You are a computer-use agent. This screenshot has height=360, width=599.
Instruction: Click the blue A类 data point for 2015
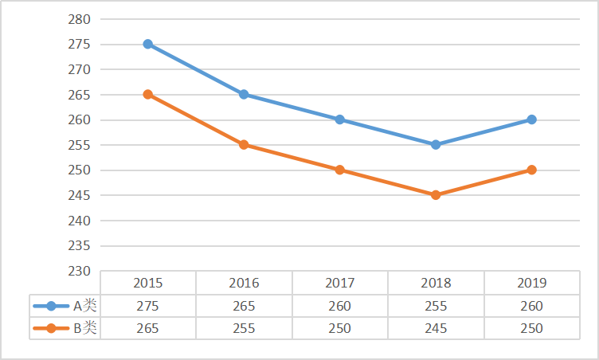coord(148,44)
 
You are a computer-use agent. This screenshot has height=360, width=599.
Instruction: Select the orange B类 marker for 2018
coord(436,194)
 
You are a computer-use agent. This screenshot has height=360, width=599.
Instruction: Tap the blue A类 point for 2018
coord(436,144)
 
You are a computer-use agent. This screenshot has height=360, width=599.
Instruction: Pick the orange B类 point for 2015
coord(148,94)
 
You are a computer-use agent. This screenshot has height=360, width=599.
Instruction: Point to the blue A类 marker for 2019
coord(531,119)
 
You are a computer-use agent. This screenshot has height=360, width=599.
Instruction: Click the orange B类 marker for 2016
coord(244,144)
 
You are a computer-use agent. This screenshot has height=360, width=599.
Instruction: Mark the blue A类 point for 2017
coord(340,119)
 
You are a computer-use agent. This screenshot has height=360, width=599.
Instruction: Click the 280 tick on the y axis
coord(80,19)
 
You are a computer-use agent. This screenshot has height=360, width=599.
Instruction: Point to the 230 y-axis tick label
coord(80,271)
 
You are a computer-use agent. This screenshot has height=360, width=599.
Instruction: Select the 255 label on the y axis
coord(80,145)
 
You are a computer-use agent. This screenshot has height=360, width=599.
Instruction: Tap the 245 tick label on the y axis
coord(80,195)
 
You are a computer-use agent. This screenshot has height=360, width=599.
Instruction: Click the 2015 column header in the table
coord(148,283)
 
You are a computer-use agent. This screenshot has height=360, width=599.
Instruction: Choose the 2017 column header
coord(340,283)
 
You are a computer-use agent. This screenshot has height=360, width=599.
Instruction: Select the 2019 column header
coord(531,283)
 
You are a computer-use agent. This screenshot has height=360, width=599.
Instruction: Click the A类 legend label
coord(84,306)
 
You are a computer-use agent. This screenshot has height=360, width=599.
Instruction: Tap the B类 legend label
coord(84,328)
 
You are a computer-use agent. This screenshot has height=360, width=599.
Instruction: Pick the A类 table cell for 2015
coord(148,306)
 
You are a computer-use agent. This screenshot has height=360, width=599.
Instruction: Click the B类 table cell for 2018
coord(436,328)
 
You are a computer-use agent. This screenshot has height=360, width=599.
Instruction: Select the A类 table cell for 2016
coord(244,306)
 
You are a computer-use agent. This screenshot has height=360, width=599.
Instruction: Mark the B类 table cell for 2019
coord(531,328)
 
